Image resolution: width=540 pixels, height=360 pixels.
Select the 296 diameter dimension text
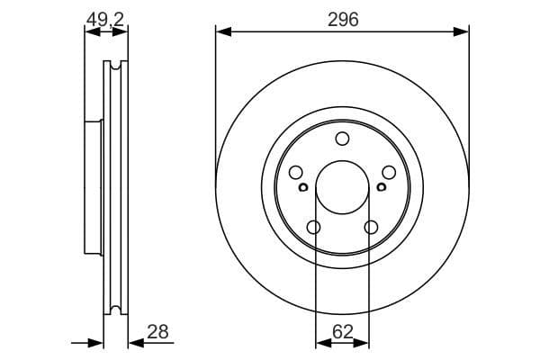(342, 19)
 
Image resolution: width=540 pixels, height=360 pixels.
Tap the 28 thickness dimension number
(157, 332)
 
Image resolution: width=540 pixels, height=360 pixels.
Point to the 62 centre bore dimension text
(342, 332)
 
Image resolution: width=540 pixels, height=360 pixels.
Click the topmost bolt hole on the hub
(342, 139)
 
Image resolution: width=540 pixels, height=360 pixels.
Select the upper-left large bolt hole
(295, 173)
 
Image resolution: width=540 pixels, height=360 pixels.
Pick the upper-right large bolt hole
(389, 173)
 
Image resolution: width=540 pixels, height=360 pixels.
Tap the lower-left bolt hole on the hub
(313, 228)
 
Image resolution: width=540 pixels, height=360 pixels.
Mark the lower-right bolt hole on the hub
(371, 228)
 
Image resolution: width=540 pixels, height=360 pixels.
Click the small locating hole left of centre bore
(303, 187)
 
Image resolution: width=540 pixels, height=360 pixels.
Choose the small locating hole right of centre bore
(381, 187)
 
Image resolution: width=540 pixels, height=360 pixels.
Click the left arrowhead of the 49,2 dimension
(89, 32)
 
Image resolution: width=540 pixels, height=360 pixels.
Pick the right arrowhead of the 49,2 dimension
(122, 32)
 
